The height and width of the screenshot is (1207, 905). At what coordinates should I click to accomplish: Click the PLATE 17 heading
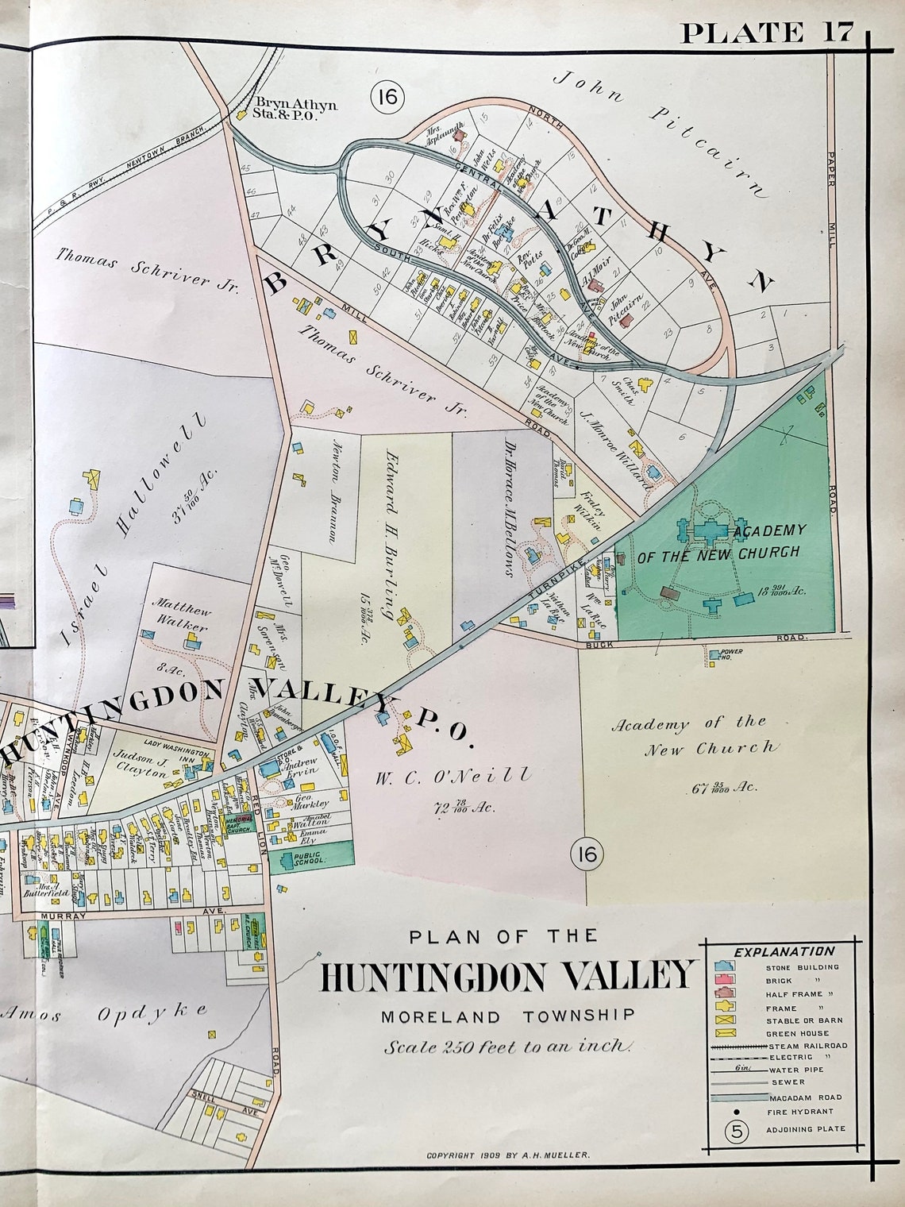pos(767,33)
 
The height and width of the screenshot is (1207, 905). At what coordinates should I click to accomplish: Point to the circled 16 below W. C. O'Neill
pos(587,854)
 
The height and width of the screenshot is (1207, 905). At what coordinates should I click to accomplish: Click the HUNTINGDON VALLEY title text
pos(508,975)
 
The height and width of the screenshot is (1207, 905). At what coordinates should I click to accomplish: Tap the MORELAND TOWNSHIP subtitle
pos(507,1016)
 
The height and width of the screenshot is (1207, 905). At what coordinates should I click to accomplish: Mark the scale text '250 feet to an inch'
pos(508,1047)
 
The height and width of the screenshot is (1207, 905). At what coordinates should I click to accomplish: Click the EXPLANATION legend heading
pos(784,951)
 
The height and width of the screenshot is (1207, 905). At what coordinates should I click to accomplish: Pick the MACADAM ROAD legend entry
pos(804,1097)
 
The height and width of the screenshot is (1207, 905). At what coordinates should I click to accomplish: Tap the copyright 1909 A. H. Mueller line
pos(508,1156)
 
